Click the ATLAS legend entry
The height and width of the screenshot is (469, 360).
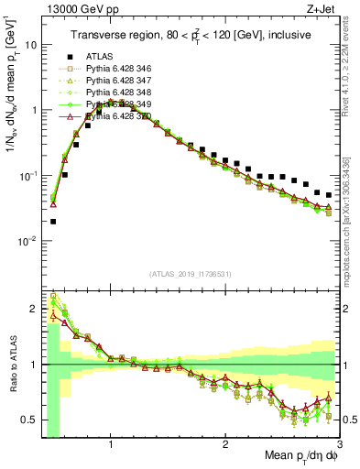(x=98, y=56)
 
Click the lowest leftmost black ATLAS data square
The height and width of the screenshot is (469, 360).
(x=53, y=221)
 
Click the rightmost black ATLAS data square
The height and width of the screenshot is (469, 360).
(x=329, y=194)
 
